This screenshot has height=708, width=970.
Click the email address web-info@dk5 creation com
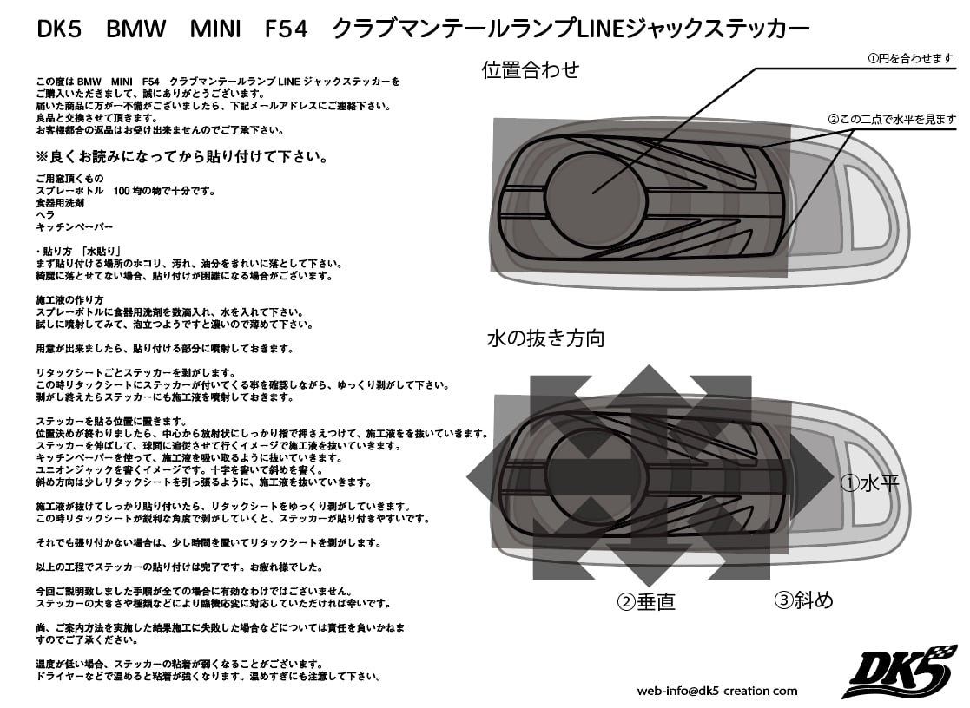[717, 691]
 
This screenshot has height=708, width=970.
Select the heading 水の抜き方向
[544, 338]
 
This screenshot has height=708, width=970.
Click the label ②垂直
[646, 600]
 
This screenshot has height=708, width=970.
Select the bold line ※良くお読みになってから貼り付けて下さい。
[181, 159]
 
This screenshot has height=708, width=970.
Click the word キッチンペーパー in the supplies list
[74, 225]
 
